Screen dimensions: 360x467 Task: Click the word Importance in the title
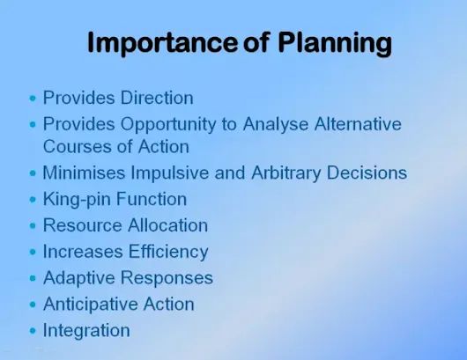pyautogui.click(x=164, y=42)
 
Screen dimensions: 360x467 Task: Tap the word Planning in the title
pyautogui.click(x=326, y=42)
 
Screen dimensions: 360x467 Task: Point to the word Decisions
pyautogui.click(x=366, y=173)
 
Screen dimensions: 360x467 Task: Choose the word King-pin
pyautogui.click(x=76, y=199)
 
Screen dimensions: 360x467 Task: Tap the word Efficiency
pyautogui.click(x=167, y=252)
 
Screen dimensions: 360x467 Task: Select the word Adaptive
pyautogui.click(x=77, y=278)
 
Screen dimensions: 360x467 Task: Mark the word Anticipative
pyautogui.click(x=88, y=305)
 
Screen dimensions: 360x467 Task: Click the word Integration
pyautogui.click(x=86, y=331)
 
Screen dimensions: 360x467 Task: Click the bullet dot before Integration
pyautogui.click(x=33, y=332)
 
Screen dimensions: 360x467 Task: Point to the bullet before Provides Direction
pyautogui.click(x=33, y=99)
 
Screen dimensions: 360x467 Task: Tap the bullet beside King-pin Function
pyautogui.click(x=33, y=200)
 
